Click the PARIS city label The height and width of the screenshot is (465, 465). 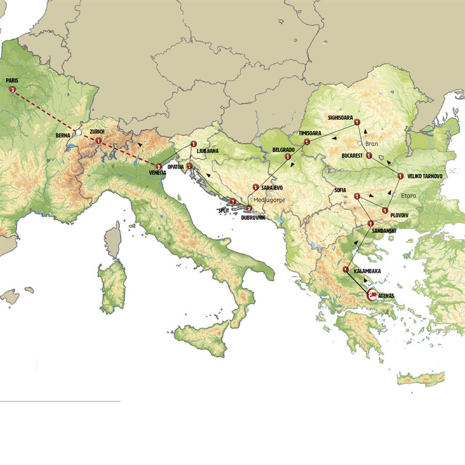[12, 81]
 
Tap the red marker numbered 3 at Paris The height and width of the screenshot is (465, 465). [12, 89]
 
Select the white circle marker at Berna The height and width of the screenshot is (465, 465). [78, 133]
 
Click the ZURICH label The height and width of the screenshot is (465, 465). [97, 132]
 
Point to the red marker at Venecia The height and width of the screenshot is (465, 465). [159, 167]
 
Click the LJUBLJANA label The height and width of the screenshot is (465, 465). [208, 151]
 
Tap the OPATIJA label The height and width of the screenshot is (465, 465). [176, 167]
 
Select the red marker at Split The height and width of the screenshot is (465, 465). [233, 202]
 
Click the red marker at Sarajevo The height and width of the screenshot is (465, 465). [255, 187]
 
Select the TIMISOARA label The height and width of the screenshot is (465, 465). [310, 133]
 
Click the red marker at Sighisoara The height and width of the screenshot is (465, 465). [357, 122]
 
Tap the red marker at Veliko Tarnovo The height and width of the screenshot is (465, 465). [400, 176]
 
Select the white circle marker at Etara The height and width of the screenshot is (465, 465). [394, 195]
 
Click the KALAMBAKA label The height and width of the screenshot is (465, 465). [368, 270]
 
